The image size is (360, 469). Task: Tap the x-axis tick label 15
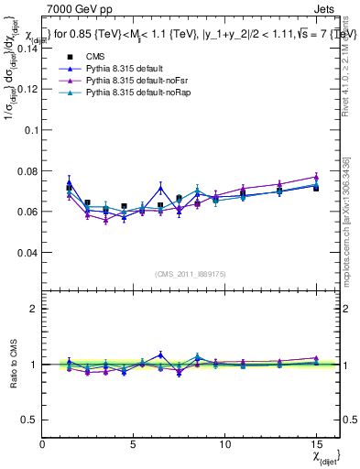[x=315, y=444]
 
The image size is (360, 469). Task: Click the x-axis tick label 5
[x=134, y=444]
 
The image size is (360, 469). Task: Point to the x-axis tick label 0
[x=43, y=444]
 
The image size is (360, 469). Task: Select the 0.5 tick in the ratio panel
[x=29, y=420]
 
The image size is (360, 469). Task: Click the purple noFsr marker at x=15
[x=315, y=177]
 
